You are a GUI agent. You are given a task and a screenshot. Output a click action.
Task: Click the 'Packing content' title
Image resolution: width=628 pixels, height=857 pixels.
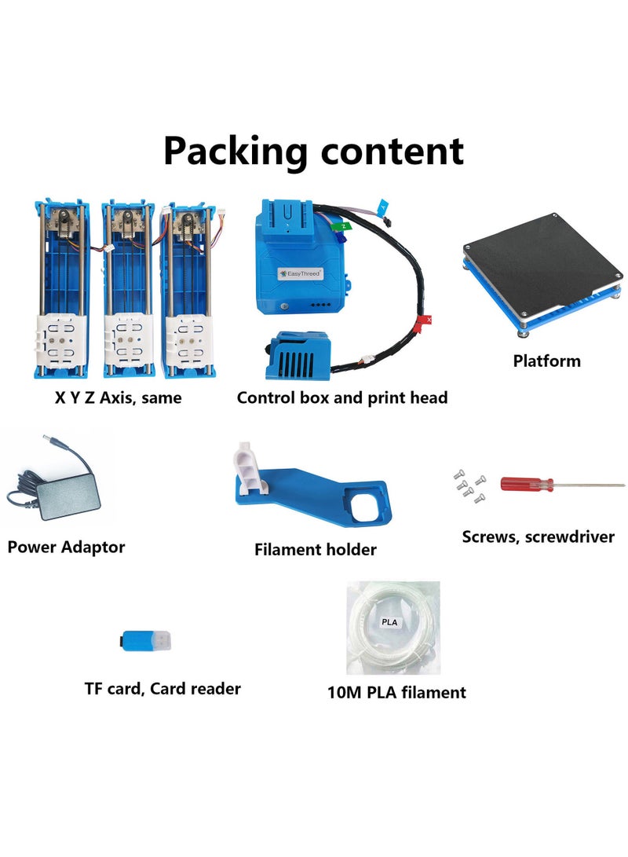click(x=313, y=152)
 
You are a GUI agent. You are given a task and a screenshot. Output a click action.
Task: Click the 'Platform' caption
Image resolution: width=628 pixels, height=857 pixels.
click(x=547, y=361)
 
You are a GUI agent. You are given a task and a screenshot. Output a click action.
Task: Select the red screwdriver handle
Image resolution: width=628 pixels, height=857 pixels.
click(x=527, y=484)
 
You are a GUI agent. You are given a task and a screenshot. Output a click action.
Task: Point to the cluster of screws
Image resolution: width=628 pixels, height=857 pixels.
click(x=469, y=485)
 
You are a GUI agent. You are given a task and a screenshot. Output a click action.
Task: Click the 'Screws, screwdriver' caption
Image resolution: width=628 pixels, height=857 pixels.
click(x=538, y=537)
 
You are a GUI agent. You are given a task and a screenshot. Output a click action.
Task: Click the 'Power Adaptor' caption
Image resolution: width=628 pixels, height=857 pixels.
click(x=66, y=547)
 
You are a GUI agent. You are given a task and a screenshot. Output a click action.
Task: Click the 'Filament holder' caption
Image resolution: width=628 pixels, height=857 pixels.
click(x=315, y=550)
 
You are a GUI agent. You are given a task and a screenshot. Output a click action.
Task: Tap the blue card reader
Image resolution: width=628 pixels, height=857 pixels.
click(x=145, y=640)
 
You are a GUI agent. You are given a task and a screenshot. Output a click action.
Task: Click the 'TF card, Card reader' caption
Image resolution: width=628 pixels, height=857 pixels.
click(x=162, y=689)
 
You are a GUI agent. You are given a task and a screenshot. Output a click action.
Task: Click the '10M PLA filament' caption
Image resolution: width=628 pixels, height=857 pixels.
click(x=396, y=692)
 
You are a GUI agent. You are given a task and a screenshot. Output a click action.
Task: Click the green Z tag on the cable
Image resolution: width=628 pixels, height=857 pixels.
click(x=342, y=225)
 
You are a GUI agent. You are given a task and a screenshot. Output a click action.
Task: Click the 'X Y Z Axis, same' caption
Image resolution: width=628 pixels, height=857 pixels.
click(x=118, y=398)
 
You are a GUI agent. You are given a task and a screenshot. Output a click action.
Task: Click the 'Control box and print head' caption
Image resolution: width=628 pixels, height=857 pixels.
click(x=342, y=398)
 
